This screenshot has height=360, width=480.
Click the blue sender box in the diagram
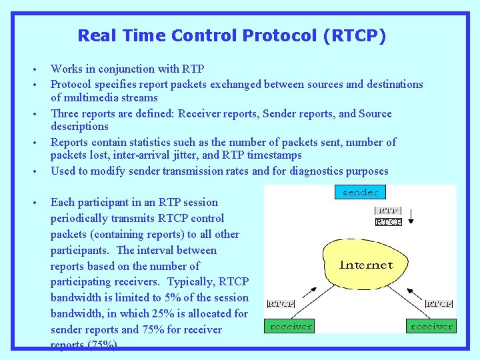tap(360, 192)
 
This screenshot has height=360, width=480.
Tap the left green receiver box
tap(290, 326)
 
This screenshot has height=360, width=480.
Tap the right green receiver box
tap(431, 326)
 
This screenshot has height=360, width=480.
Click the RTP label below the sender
tap(389, 211)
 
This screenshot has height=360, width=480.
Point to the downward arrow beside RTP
tap(411, 216)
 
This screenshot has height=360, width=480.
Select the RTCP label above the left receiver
tap(281, 303)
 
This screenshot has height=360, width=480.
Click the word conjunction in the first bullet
tap(127, 69)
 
